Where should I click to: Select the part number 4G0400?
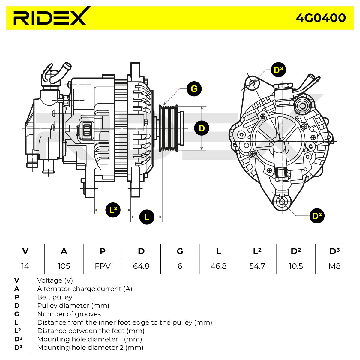tap(321, 18)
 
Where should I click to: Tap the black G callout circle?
tap(194, 89)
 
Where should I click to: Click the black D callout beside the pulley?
tap(202, 128)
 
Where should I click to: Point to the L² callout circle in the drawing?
tap(113, 210)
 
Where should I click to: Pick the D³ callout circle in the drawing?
tap(278, 70)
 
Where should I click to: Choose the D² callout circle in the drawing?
tap(317, 216)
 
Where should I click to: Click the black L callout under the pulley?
tap(147, 217)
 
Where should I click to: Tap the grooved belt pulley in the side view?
tap(168, 128)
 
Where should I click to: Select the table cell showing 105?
tap(64, 266)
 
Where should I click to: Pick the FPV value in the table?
tap(103, 266)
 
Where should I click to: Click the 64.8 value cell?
tap(141, 266)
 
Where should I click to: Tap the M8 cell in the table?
tap(334, 266)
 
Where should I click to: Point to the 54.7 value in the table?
tap(257, 266)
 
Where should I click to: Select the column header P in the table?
tap(103, 251)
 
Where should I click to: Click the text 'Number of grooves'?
tap(69, 314)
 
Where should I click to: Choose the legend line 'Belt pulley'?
tap(55, 297)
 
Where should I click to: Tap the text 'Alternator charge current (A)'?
tap(85, 289)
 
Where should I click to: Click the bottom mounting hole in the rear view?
tap(282, 202)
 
